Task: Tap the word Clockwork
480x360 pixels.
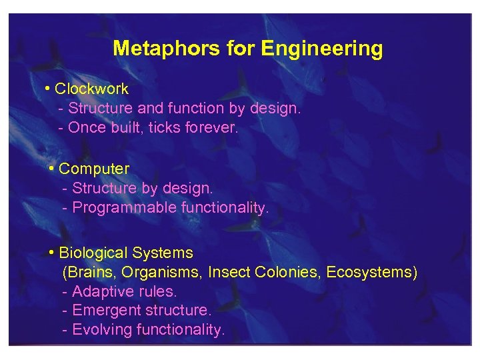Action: (x=91, y=89)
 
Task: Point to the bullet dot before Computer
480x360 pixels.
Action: (x=52, y=169)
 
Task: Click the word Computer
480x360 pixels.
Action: (x=94, y=169)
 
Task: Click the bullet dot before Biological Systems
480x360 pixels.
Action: (x=52, y=253)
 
